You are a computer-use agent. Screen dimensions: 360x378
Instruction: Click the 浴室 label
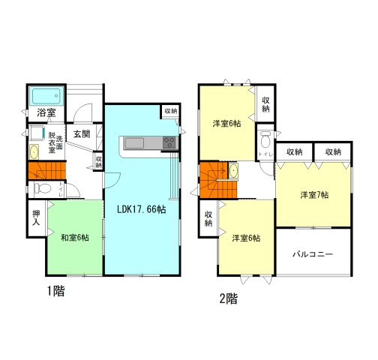point(46,113)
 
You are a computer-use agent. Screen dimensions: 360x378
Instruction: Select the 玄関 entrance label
point(82,133)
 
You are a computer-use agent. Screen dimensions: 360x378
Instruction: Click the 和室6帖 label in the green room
point(75,238)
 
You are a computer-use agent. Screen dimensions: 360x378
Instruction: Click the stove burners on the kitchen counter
point(169,142)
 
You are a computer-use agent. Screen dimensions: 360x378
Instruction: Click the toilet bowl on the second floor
point(264,142)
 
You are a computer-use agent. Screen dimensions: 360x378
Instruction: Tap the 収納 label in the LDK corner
point(170,111)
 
